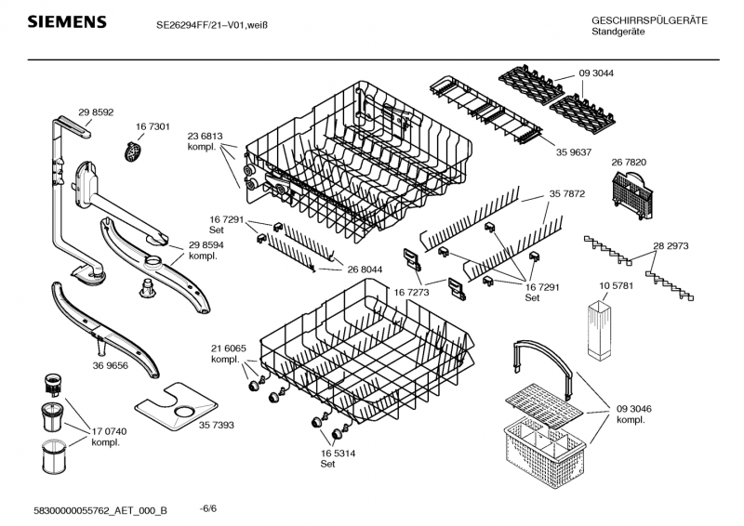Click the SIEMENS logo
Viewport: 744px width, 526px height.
click(66, 21)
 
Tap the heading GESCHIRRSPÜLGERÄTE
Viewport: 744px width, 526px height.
click(648, 20)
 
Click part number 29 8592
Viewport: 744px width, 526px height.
click(96, 112)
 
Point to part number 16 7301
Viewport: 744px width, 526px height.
click(152, 126)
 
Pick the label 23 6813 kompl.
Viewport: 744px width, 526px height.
click(204, 140)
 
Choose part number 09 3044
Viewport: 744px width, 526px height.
click(596, 73)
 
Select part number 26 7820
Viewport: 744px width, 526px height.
click(629, 163)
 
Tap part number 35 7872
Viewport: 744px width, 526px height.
click(566, 194)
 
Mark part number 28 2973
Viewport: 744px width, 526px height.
click(671, 246)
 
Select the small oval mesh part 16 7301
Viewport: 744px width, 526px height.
click(134, 148)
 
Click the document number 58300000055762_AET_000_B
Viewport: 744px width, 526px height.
click(100, 510)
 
